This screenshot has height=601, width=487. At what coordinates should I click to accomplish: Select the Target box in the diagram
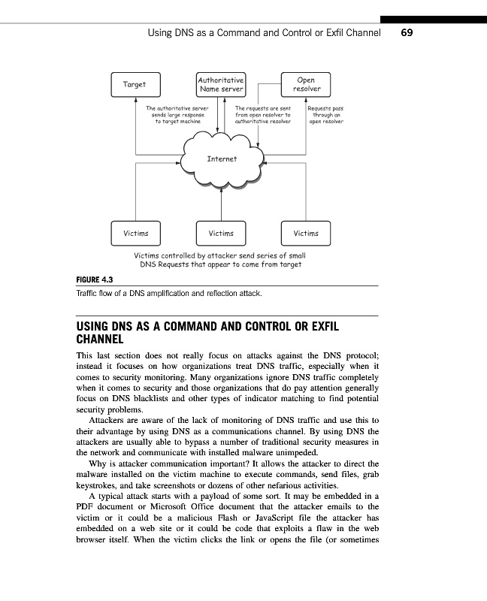pos(135,84)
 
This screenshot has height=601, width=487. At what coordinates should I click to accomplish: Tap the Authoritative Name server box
pos(220,84)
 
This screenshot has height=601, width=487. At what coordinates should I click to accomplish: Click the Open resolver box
pos(306,84)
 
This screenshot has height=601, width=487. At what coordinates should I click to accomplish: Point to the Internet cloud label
pos(222,159)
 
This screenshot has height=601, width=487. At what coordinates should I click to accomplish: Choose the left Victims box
pos(135,233)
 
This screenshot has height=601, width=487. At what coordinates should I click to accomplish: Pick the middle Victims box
pos(221,233)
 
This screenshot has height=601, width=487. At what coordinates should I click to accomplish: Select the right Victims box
pos(306,233)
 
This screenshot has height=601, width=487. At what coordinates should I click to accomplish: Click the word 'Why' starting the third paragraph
pos(98,464)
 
